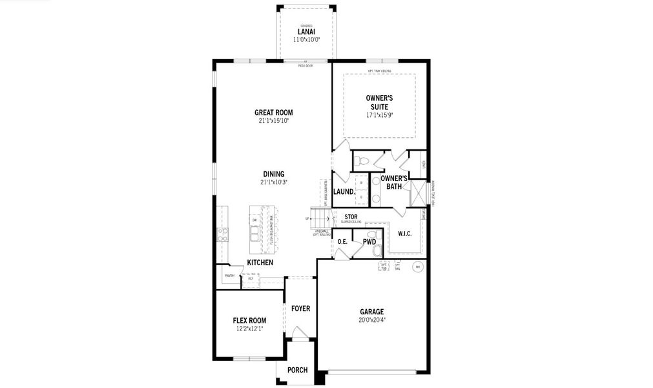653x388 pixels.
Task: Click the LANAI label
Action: click(x=307, y=31)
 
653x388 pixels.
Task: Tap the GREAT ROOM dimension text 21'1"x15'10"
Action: click(x=274, y=120)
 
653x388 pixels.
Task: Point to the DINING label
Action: click(x=274, y=173)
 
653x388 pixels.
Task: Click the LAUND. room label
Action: click(x=344, y=191)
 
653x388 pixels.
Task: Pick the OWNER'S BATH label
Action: click(x=394, y=182)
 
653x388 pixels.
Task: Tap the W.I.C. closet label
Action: click(x=405, y=233)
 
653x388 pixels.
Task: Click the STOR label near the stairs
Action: click(x=351, y=217)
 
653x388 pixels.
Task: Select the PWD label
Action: click(x=369, y=242)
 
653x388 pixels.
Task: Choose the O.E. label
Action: click(x=342, y=242)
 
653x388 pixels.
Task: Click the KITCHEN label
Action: click(x=260, y=263)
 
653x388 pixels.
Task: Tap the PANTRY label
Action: click(x=229, y=275)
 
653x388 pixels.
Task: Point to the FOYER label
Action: click(x=300, y=308)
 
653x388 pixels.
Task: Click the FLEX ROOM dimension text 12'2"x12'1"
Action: click(x=249, y=329)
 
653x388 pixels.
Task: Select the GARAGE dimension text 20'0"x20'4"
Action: click(x=372, y=319)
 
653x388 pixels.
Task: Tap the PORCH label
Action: click(x=297, y=370)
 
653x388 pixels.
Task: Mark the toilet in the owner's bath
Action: click(x=362, y=160)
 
